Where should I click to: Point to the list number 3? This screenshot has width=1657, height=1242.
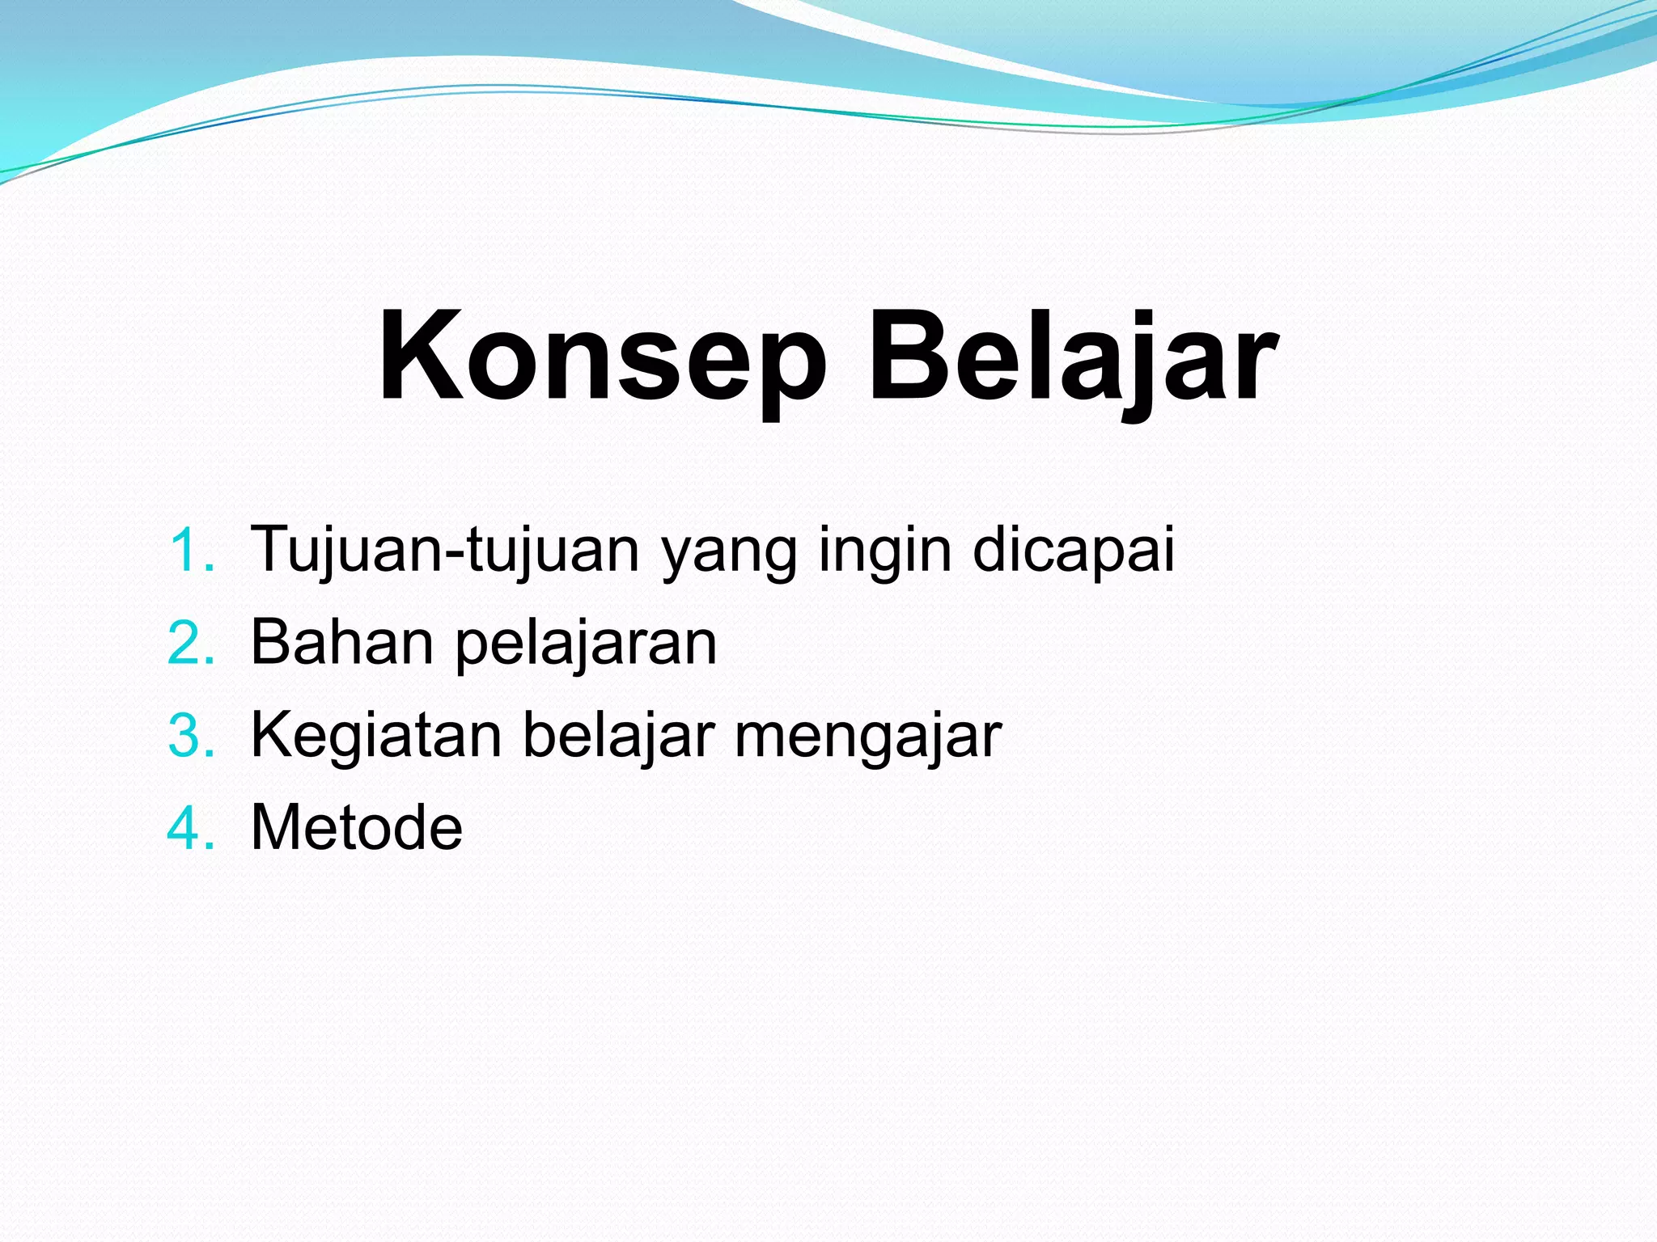click(x=192, y=737)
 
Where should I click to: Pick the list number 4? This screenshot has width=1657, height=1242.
click(x=192, y=830)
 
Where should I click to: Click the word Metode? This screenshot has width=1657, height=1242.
click(x=357, y=828)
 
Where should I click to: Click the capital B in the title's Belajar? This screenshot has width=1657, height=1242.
click(x=907, y=356)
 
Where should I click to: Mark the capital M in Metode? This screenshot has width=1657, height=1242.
click(x=280, y=828)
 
